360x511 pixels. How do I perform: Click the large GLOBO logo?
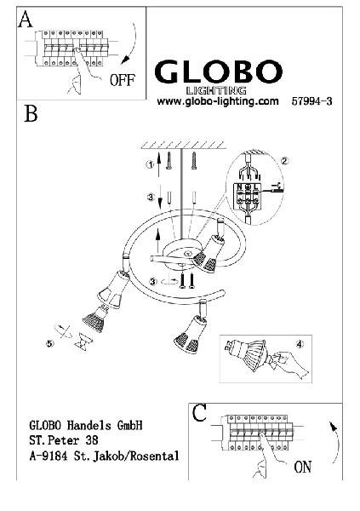(218, 72)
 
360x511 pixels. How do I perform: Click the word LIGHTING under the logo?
(215, 90)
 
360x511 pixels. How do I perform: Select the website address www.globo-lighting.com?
(218, 101)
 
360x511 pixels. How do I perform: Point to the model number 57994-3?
(311, 101)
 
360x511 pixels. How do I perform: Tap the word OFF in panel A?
(123, 80)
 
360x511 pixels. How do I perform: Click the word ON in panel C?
(303, 467)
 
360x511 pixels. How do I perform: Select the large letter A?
(25, 19)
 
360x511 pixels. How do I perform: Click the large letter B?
(31, 113)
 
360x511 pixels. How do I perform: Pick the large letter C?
(199, 413)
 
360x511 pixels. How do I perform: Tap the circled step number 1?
(150, 165)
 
